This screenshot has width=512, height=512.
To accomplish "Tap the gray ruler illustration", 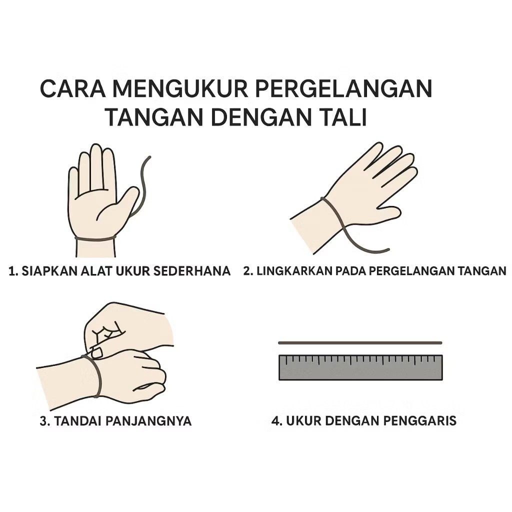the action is [x=360, y=367].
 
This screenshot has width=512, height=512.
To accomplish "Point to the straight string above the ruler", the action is [x=360, y=343].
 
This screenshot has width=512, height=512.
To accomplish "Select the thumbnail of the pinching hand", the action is [x=96, y=353].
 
